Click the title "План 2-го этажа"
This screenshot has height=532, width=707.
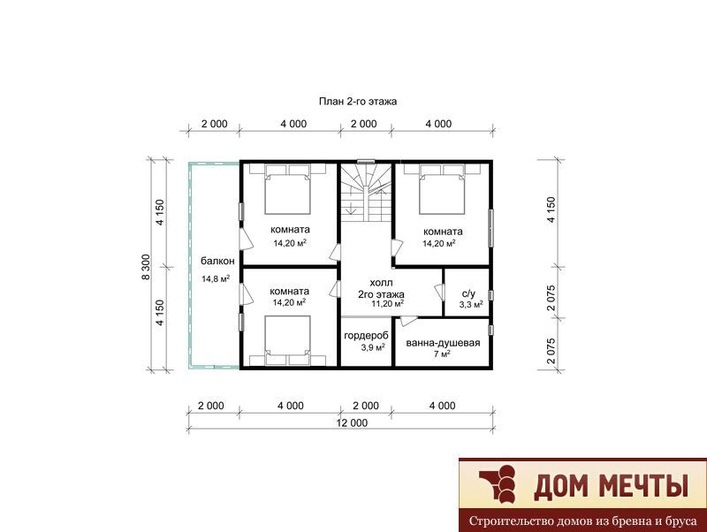point(358,102)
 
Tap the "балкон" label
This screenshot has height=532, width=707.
point(217,261)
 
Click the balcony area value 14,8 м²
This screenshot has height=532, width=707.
point(216,278)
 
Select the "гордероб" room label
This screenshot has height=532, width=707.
point(366,336)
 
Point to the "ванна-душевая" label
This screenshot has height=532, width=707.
point(443,343)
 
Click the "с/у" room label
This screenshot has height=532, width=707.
point(469,293)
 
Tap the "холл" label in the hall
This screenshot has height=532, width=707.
point(381,283)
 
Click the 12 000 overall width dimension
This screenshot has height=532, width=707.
point(352,423)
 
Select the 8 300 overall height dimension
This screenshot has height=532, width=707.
point(146,267)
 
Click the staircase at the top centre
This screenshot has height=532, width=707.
point(366,193)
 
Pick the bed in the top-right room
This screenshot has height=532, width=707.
point(442,189)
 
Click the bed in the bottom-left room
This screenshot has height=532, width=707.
point(288,340)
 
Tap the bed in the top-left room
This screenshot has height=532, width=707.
point(288,189)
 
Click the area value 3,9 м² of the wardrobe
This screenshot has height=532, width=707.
point(372,347)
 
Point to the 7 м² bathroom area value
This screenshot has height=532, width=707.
point(442,353)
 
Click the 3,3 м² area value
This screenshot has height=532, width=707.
point(471,305)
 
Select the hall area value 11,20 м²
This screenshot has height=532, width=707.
point(387,304)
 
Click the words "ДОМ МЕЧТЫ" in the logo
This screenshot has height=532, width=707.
point(611,485)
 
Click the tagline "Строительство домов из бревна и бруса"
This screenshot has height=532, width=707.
point(582,521)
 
